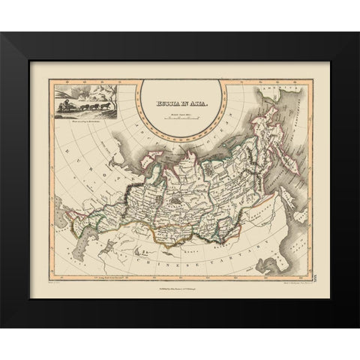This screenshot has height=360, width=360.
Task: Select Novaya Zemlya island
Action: tap(124, 127)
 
